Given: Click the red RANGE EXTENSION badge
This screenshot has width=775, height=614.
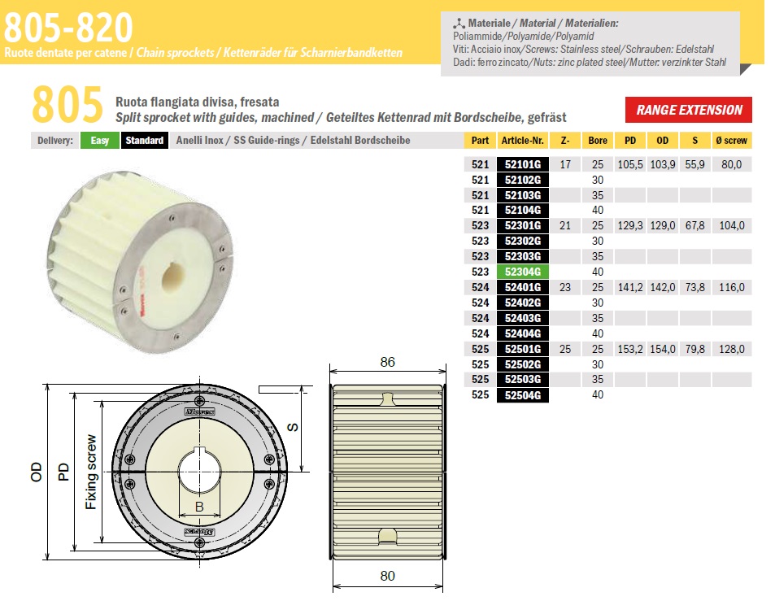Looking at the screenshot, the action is [x=689, y=110].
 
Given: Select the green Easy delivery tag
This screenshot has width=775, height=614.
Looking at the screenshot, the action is [x=100, y=141].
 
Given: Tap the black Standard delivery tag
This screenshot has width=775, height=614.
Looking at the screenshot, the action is [x=144, y=141].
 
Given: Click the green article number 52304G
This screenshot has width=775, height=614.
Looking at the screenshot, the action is [x=522, y=272].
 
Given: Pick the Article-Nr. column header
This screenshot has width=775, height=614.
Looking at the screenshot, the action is [x=522, y=141].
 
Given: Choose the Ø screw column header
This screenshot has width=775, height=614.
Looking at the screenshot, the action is [x=732, y=141].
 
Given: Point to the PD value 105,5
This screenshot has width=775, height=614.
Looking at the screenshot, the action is [x=630, y=164].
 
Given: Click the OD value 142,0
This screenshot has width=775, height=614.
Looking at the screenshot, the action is [x=662, y=287].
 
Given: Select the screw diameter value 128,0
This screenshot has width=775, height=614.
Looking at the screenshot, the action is [x=732, y=349].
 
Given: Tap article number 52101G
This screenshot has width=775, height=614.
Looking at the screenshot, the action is [x=522, y=164].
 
